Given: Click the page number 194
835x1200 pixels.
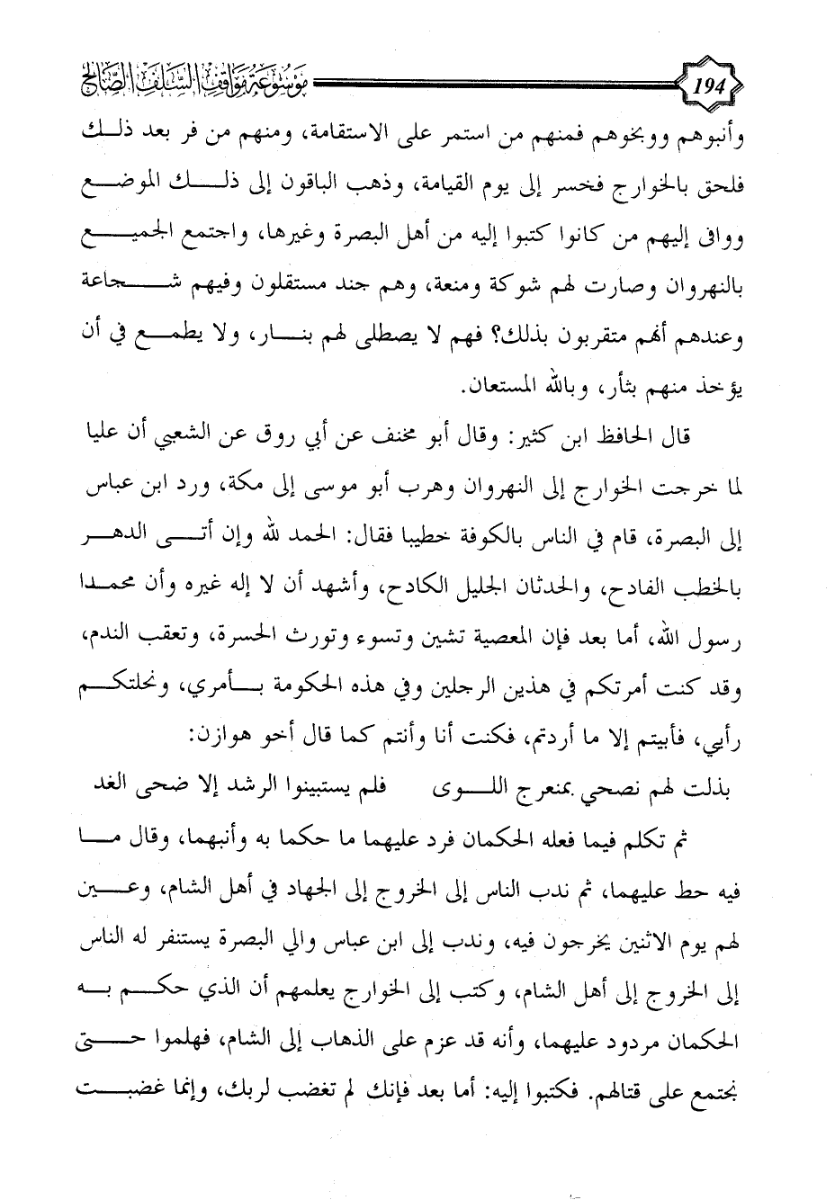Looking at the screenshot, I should [712, 89].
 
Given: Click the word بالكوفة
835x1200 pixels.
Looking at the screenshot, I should [490, 536].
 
